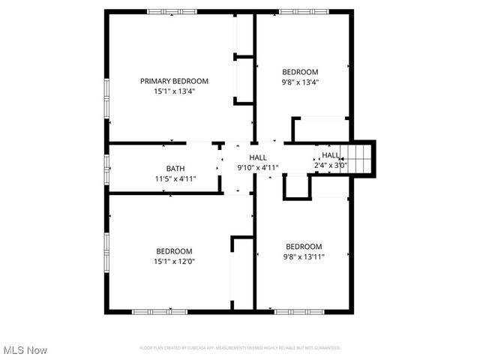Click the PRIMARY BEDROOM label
pyautogui.click(x=174, y=81)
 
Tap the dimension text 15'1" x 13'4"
pyautogui.click(x=174, y=91)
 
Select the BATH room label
pyautogui.click(x=175, y=169)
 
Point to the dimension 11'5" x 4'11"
pyautogui.click(x=175, y=178)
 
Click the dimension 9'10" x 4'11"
pyautogui.click(x=258, y=168)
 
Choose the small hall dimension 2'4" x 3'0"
pyautogui.click(x=331, y=165)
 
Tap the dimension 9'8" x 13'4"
pyautogui.click(x=300, y=82)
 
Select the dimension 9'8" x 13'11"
pyautogui.click(x=304, y=256)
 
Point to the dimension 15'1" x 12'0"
pyautogui.click(x=174, y=262)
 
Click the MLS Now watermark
pyautogui.click(x=25, y=350)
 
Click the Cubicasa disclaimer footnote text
pyautogui.click(x=240, y=348)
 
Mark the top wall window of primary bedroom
pyautogui.click(x=172, y=11)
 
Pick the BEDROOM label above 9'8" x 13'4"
pyautogui.click(x=300, y=72)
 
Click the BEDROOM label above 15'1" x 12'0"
pyautogui.click(x=174, y=251)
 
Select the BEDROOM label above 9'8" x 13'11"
pyautogui.click(x=304, y=247)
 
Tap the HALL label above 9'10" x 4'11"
pyautogui.click(x=258, y=157)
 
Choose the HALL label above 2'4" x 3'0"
pyautogui.click(x=331, y=155)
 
